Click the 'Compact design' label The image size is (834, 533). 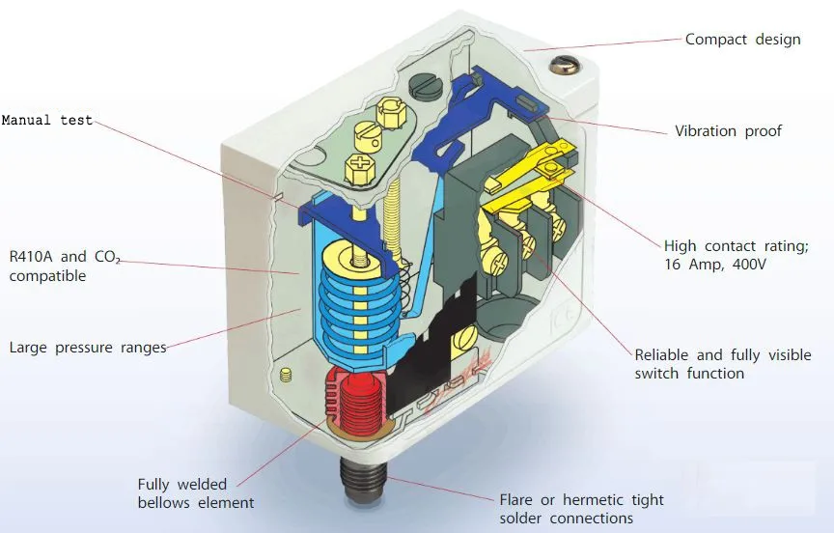tap(742, 40)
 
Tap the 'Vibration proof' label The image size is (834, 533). tap(728, 130)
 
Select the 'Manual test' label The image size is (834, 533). tap(47, 121)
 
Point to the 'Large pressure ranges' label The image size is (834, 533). tap(88, 347)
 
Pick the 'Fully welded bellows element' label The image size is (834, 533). tap(196, 493)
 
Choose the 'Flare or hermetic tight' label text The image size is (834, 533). tap(581, 500)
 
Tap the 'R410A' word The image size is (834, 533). tap(32, 257)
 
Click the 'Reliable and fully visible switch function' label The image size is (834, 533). tap(722, 364)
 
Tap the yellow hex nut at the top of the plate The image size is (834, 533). tap(392, 113)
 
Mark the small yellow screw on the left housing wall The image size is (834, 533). tap(285, 375)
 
